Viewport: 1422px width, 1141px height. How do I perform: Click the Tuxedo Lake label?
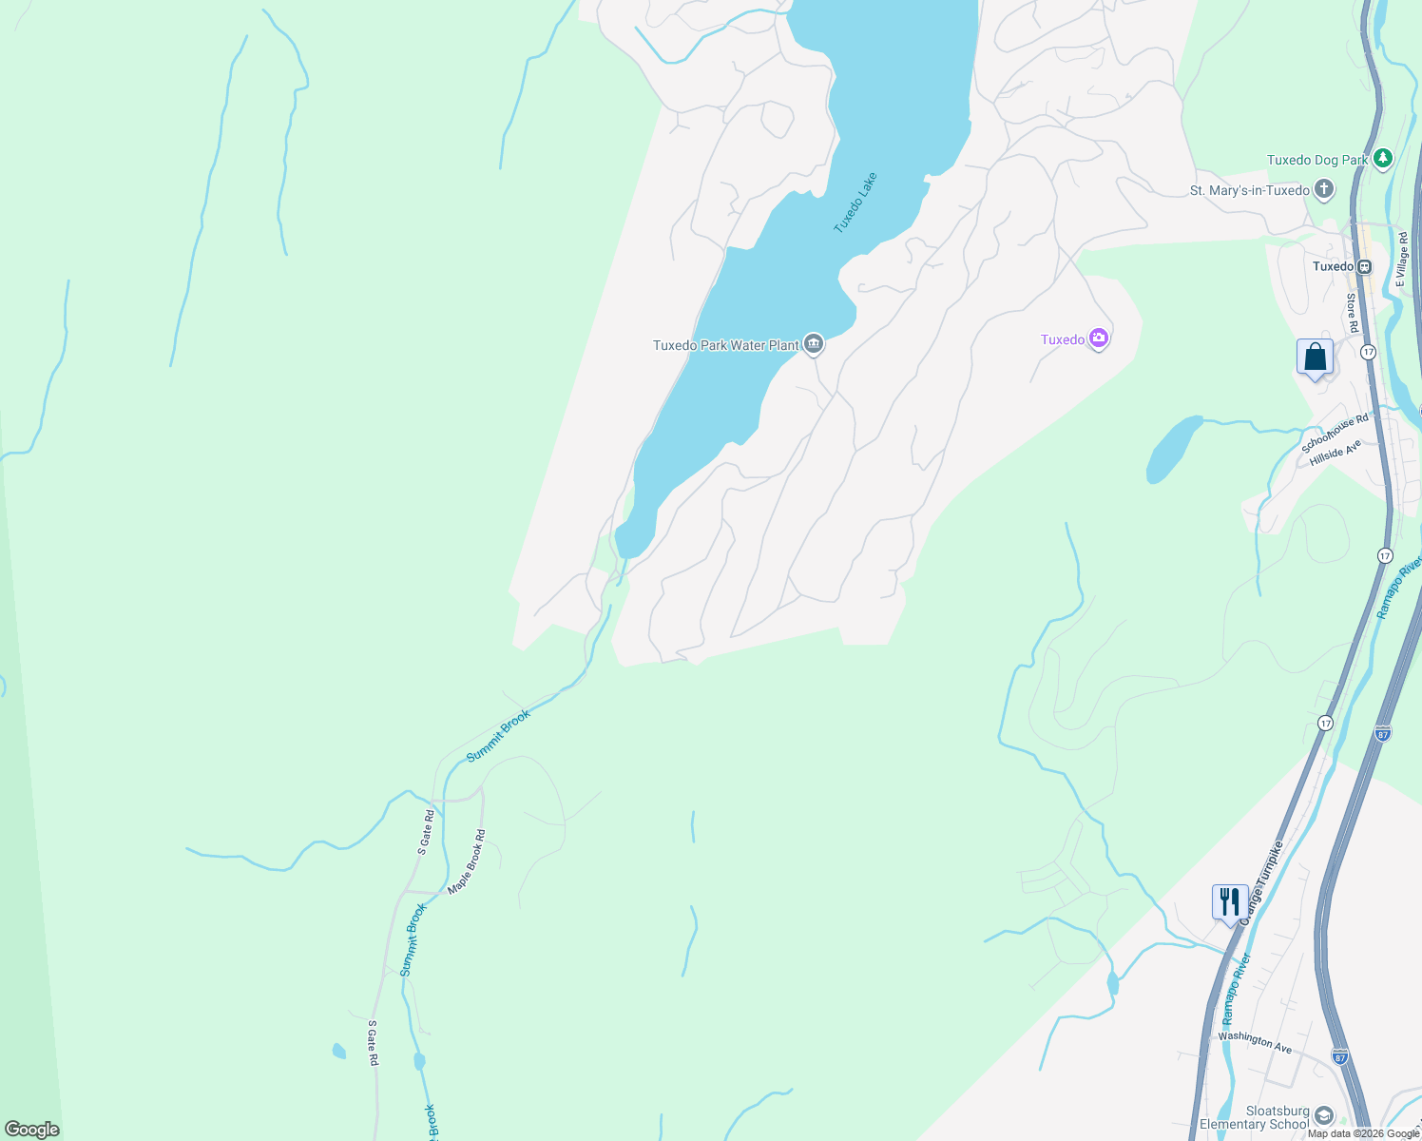(x=855, y=203)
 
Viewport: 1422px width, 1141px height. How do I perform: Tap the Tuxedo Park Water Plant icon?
(x=813, y=344)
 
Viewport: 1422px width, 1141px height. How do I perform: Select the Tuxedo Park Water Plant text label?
(x=725, y=345)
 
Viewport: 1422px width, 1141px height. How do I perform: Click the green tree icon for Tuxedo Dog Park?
(x=1383, y=159)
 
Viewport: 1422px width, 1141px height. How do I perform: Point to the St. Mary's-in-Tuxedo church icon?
(x=1324, y=190)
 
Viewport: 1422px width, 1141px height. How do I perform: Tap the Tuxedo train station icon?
(x=1364, y=267)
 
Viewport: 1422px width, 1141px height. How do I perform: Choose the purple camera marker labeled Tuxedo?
(x=1099, y=338)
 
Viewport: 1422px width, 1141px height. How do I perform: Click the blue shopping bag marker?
(x=1315, y=358)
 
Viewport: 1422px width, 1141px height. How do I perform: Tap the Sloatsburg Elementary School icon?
(x=1324, y=1115)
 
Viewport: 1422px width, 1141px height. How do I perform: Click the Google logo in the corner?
(x=32, y=1130)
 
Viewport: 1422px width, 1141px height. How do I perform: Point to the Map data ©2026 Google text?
(x=1362, y=1133)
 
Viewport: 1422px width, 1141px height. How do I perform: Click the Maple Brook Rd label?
(x=467, y=861)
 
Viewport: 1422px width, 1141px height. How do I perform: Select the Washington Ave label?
(x=1255, y=1042)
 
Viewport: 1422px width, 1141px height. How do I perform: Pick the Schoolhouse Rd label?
(x=1335, y=433)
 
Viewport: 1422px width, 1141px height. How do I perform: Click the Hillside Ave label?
(x=1336, y=453)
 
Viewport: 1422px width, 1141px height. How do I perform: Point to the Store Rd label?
(x=1351, y=312)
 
